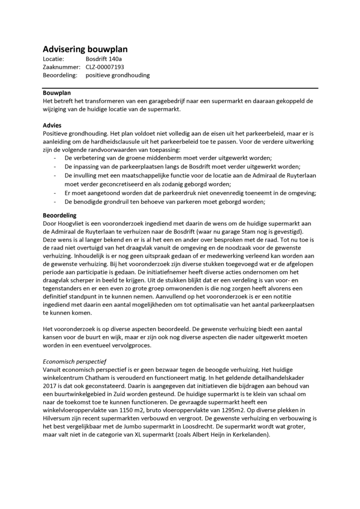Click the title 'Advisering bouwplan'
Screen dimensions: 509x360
[x=85, y=49]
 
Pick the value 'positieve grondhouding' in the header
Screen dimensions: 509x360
[x=117, y=75]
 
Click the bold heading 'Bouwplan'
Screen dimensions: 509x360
[x=57, y=93]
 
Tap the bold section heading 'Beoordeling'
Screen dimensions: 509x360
[x=60, y=216]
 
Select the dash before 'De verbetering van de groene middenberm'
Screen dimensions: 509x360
[x=54, y=158]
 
